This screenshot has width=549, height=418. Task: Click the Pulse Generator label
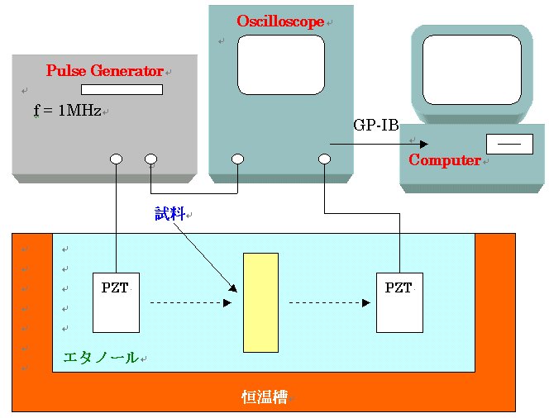pyautogui.click(x=104, y=71)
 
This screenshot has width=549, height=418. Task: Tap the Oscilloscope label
pyautogui.click(x=280, y=21)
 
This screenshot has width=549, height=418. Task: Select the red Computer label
pyautogui.click(x=445, y=160)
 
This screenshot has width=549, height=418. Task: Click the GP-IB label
pyautogui.click(x=376, y=125)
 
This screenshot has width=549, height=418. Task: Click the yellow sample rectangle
pyautogui.click(x=260, y=302)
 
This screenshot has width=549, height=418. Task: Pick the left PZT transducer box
pyautogui.click(x=116, y=302)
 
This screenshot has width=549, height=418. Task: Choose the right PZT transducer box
pyautogui.click(x=399, y=302)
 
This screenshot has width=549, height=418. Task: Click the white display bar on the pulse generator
pyautogui.click(x=122, y=89)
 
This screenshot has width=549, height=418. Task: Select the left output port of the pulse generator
pyautogui.click(x=116, y=159)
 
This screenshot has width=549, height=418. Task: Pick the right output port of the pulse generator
pyautogui.click(x=150, y=159)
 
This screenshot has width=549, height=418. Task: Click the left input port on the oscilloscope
pyautogui.click(x=238, y=159)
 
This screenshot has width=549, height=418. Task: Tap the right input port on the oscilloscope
pyautogui.click(x=324, y=159)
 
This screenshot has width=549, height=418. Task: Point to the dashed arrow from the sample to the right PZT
pyautogui.click(x=329, y=303)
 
